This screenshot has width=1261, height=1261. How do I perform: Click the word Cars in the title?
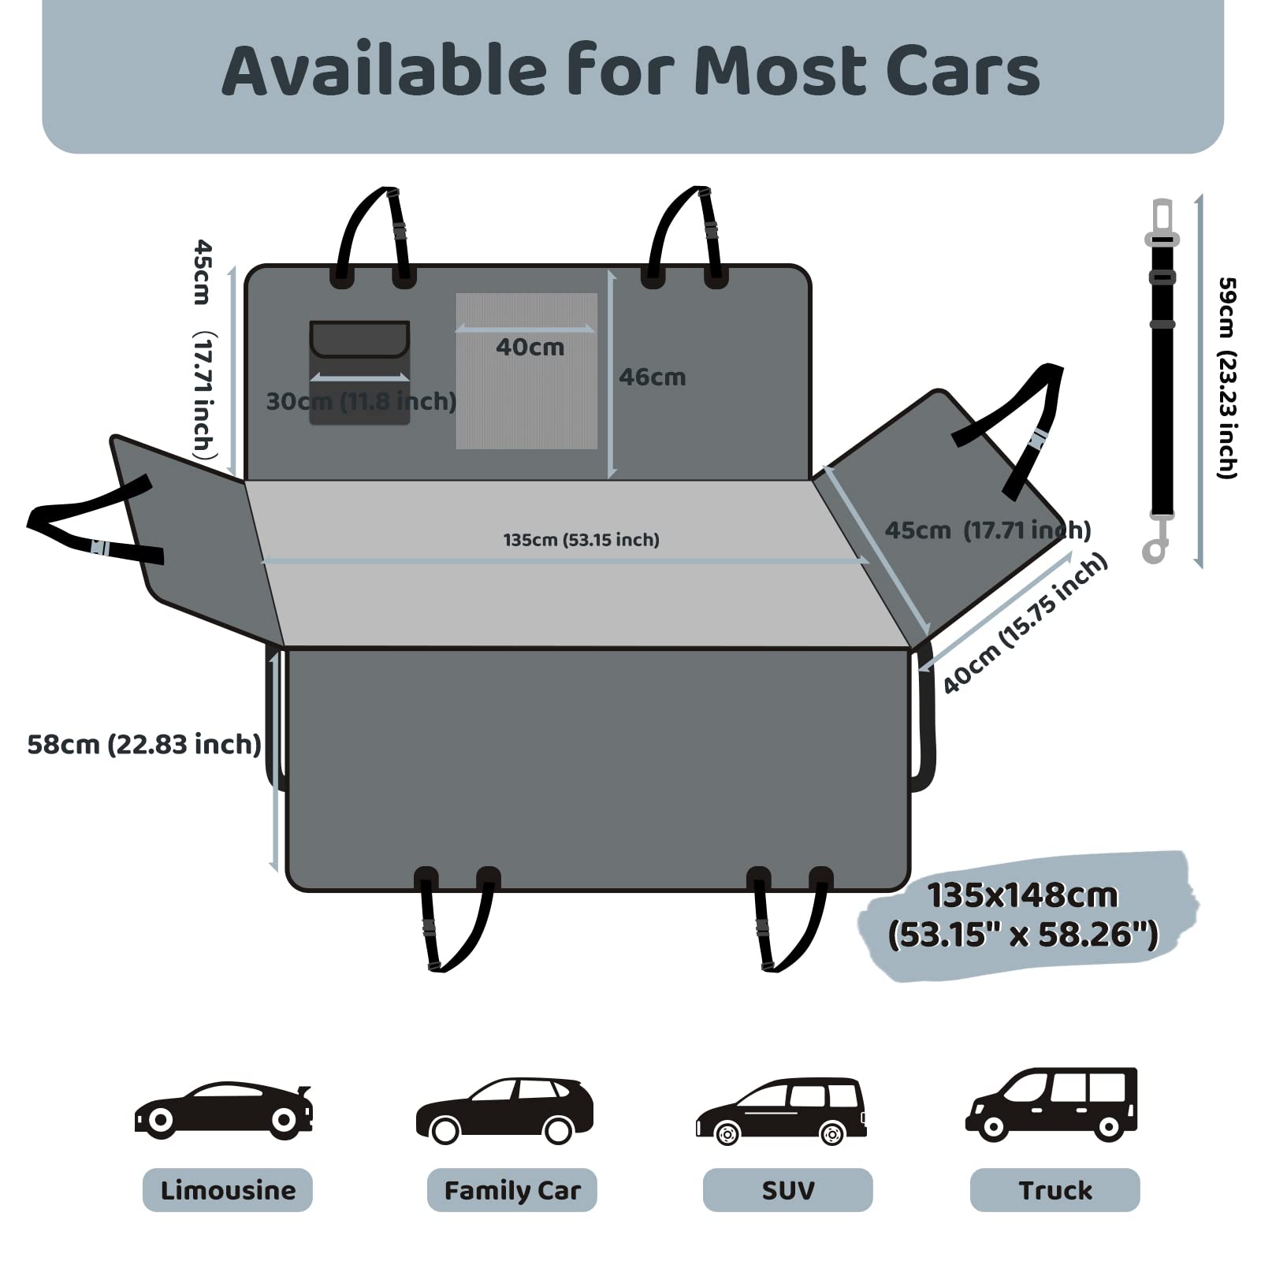point(962,71)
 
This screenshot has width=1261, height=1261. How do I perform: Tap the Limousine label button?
point(228,1190)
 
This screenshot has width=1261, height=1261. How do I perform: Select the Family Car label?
point(512,1190)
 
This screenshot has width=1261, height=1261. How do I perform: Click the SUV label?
point(788,1190)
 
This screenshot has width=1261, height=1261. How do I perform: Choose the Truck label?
point(1055,1190)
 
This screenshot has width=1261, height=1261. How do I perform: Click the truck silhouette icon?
point(1052,1104)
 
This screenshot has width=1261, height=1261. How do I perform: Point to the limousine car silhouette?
point(224,1110)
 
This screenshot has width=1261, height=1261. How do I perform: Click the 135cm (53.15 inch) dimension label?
point(582,540)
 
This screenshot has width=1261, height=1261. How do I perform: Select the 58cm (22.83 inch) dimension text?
point(144,744)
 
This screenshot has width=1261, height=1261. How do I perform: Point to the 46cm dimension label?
point(652,377)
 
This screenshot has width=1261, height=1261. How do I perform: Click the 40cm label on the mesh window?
point(530,347)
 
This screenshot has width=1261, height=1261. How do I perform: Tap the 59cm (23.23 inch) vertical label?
point(1227,378)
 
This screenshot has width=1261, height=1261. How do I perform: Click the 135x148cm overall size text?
point(1023,915)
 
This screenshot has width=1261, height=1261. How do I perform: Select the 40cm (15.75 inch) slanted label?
point(1025,623)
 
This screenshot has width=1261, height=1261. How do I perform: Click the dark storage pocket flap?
point(359,339)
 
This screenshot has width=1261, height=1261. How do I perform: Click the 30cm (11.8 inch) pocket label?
point(361,401)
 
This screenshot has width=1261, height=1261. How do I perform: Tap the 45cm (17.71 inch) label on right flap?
point(988,530)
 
